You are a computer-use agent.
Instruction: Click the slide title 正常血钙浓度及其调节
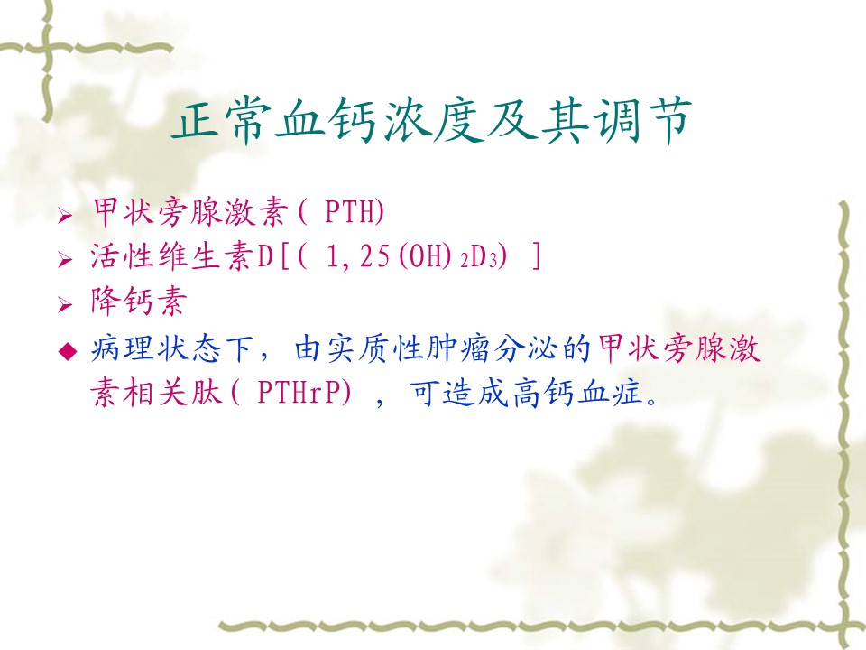(432, 120)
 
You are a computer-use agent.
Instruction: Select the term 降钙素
(139, 302)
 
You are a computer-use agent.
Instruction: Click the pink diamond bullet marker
(68, 351)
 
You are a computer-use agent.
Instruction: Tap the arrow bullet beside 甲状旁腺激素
(65, 215)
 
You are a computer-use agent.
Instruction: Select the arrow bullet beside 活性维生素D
(65, 260)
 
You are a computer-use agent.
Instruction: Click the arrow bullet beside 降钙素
(65, 304)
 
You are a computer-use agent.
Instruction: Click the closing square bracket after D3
(535, 257)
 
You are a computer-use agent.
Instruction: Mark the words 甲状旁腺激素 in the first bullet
(189, 211)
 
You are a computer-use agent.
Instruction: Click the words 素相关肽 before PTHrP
(156, 393)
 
